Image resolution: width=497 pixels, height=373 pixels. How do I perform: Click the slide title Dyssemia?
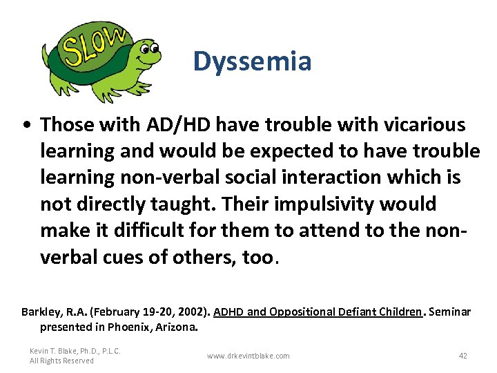[252, 61]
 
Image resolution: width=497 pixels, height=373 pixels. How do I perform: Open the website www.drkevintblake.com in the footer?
[248, 356]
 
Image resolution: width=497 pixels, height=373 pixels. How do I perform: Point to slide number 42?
[462, 356]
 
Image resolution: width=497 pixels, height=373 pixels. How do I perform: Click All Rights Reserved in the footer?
[61, 361]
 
